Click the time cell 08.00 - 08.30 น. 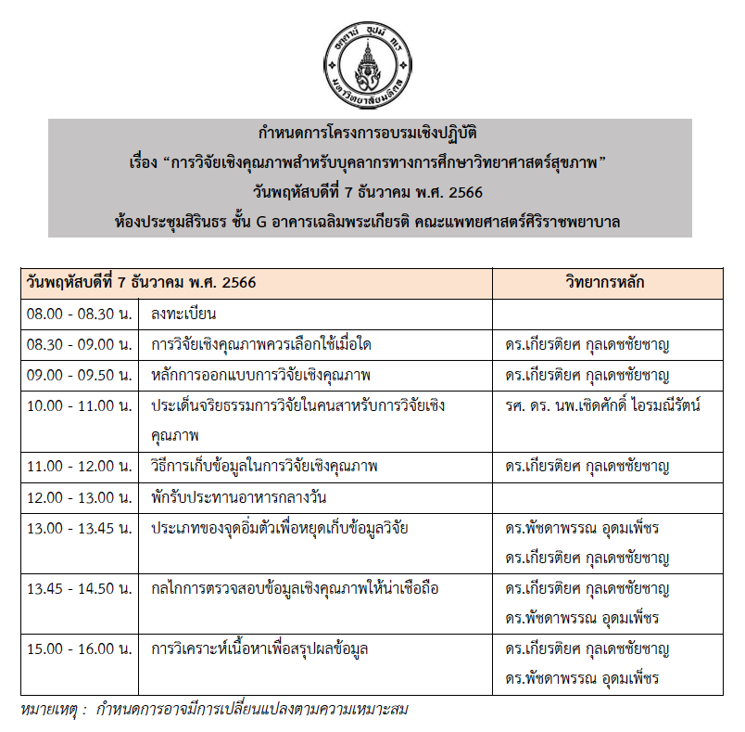click(80, 314)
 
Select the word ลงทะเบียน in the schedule click(183, 314)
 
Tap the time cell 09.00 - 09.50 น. click(80, 376)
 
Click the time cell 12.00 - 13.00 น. click(80, 497)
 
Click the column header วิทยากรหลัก click(605, 282)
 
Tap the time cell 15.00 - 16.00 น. click(80, 649)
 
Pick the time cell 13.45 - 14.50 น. click(80, 588)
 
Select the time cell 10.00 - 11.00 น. click(80, 405)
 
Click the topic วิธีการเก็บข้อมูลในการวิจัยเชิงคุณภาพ click(264, 467)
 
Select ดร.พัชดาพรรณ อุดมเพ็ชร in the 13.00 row click(582, 528)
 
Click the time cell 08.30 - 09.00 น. click(80, 345)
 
